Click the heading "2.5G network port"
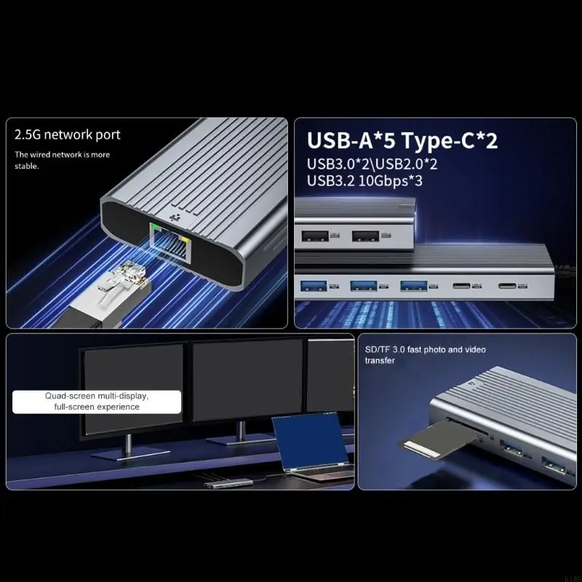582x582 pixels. click(x=68, y=135)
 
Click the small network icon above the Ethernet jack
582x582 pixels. click(x=173, y=217)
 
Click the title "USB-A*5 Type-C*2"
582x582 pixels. click(x=402, y=140)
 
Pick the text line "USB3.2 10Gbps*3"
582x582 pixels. click(x=364, y=180)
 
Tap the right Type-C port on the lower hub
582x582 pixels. click(x=510, y=286)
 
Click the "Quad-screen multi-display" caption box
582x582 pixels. click(x=97, y=402)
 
